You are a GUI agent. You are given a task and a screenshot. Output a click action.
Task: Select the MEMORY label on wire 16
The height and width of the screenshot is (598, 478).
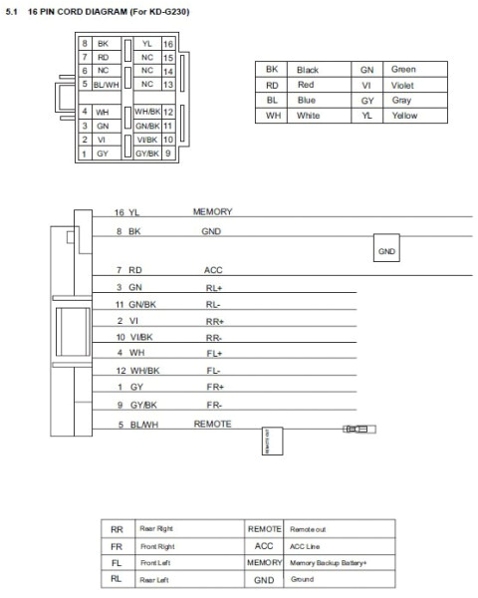[212, 212]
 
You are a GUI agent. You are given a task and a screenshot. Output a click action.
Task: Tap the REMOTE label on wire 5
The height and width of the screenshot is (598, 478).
[212, 423]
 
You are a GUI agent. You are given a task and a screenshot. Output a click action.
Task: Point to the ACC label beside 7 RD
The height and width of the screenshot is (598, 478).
[213, 270]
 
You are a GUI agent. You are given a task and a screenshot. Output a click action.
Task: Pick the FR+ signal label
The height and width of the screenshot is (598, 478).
[215, 386]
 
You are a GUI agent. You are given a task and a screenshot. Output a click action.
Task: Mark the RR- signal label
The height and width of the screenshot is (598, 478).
[215, 337]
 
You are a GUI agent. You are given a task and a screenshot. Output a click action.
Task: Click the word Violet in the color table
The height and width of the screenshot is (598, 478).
[403, 86]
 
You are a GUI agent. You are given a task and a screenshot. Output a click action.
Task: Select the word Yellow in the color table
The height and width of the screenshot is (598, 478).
[404, 116]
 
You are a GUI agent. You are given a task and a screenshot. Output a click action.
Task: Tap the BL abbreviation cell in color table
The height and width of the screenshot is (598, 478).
[271, 101]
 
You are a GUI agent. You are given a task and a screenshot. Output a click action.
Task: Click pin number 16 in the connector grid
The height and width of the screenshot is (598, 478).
[168, 44]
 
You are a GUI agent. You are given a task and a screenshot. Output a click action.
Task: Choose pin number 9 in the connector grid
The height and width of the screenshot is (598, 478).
[168, 153]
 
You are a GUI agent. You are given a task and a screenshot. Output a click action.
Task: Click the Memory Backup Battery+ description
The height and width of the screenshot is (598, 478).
[328, 563]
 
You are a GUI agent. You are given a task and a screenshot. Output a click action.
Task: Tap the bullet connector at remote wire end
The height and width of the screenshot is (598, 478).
[356, 430]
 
